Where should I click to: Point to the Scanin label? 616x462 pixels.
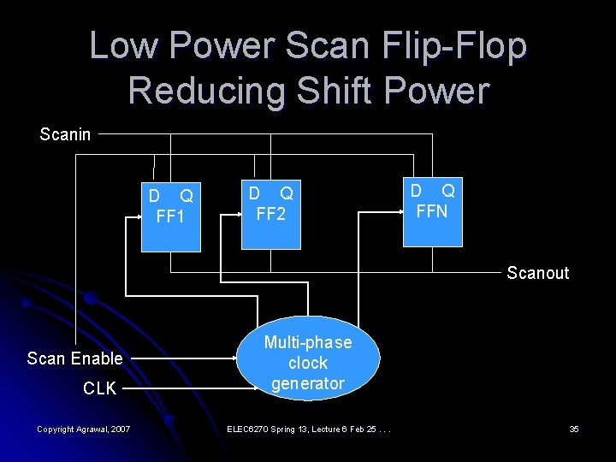click(x=65, y=134)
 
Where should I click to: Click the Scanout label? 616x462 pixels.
click(x=537, y=274)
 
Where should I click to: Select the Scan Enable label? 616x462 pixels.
click(x=74, y=358)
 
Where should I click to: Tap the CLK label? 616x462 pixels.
click(x=99, y=389)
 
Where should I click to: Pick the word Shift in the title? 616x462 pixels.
click(x=324, y=91)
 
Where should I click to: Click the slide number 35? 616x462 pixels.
click(x=574, y=428)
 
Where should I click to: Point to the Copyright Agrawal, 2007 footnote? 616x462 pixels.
click(x=83, y=428)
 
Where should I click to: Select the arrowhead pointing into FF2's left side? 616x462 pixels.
click(x=237, y=217)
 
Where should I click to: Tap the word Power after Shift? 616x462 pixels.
click(x=435, y=91)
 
